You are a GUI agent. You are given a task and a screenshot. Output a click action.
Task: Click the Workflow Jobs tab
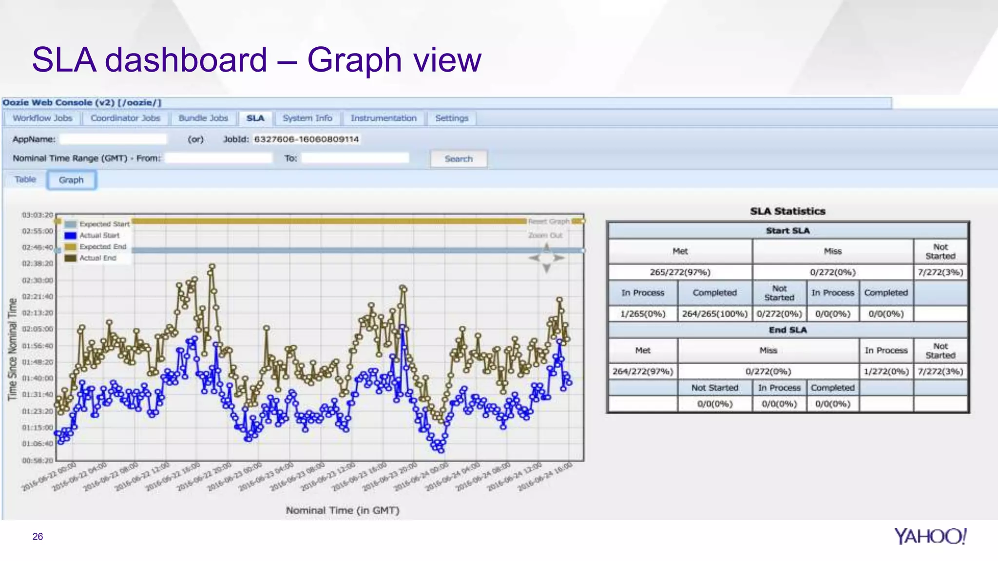coord(42,118)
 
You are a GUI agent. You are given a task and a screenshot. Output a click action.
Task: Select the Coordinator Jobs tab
coord(125,118)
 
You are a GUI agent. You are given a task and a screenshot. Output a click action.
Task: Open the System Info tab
coord(307,118)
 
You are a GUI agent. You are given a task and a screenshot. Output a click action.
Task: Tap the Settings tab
coord(451,118)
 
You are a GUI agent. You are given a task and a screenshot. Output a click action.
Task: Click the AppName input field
coord(113,139)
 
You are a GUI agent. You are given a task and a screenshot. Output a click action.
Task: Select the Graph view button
coord(71,180)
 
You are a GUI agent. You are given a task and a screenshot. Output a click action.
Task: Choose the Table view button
coord(25,180)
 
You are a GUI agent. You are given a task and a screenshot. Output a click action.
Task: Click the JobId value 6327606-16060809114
coord(307,139)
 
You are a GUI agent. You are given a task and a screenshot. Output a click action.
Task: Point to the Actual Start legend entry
coord(99,235)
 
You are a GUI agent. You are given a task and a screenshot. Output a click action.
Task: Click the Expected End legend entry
coord(102,247)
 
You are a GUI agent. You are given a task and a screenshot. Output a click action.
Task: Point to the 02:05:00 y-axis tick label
coord(38,329)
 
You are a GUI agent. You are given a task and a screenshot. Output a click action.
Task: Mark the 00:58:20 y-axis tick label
coord(38,460)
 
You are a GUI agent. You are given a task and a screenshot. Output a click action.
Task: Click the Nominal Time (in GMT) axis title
coord(343,510)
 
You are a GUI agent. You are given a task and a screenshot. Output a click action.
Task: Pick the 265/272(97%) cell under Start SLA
coord(680,272)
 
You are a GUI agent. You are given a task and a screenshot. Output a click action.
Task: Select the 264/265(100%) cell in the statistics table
coord(714,314)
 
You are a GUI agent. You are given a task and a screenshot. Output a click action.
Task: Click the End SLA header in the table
coord(787,330)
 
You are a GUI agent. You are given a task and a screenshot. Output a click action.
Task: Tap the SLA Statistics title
coord(787,211)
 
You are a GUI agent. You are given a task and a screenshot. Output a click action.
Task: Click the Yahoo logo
coord(930,536)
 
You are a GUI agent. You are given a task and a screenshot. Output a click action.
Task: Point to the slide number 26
coord(38,537)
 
